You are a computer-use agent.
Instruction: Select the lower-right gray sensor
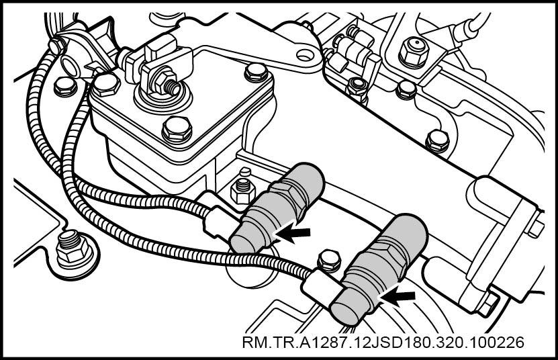tap(379, 269)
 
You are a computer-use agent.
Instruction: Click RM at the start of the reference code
tap(252, 343)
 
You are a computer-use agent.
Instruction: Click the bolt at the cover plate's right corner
tap(256, 73)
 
